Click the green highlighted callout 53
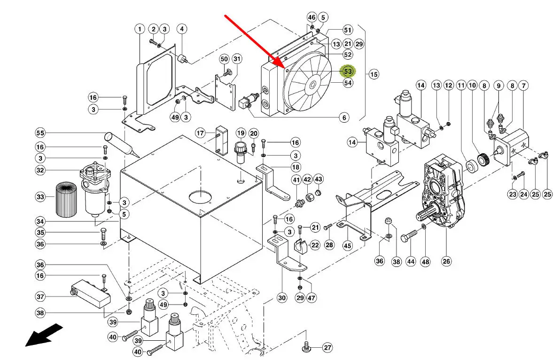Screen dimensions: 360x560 [348, 71]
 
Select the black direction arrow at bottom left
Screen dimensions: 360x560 [43, 334]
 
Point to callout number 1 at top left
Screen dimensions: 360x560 [140, 29]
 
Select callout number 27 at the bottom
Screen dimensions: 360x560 [327, 348]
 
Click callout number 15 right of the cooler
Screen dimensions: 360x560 [373, 74]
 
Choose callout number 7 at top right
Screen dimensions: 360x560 [523, 86]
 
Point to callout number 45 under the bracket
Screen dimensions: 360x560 [347, 245]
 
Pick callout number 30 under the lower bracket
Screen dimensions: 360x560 [281, 297]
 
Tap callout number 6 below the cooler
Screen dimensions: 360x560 [344, 117]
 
